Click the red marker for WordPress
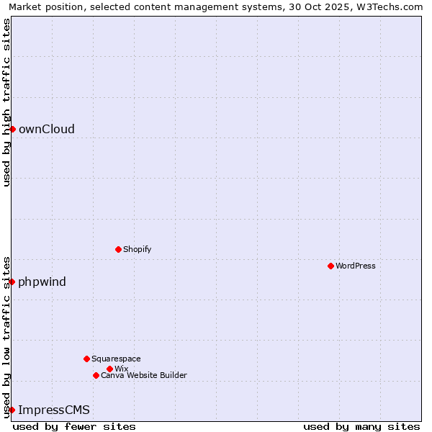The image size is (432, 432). [330, 266]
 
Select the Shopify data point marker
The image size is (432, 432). [118, 249]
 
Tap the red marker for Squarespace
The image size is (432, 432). [86, 359]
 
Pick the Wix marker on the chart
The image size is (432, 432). [109, 369]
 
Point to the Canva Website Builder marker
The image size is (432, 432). [96, 375]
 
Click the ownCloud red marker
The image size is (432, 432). [12, 129]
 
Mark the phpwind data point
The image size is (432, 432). [12, 282]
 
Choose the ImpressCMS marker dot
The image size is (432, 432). [12, 410]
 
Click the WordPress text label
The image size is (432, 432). [356, 266]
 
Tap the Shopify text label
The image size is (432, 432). [138, 249]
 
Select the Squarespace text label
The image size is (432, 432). [116, 359]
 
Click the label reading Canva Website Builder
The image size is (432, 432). [144, 375]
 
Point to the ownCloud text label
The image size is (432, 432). [47, 129]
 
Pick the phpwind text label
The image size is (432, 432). [42, 282]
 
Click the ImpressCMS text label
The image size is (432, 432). [54, 410]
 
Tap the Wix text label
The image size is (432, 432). [122, 369]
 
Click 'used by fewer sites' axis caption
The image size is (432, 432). [74, 426]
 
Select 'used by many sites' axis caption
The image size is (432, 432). [361, 426]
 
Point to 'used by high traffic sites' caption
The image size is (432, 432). [6, 102]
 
